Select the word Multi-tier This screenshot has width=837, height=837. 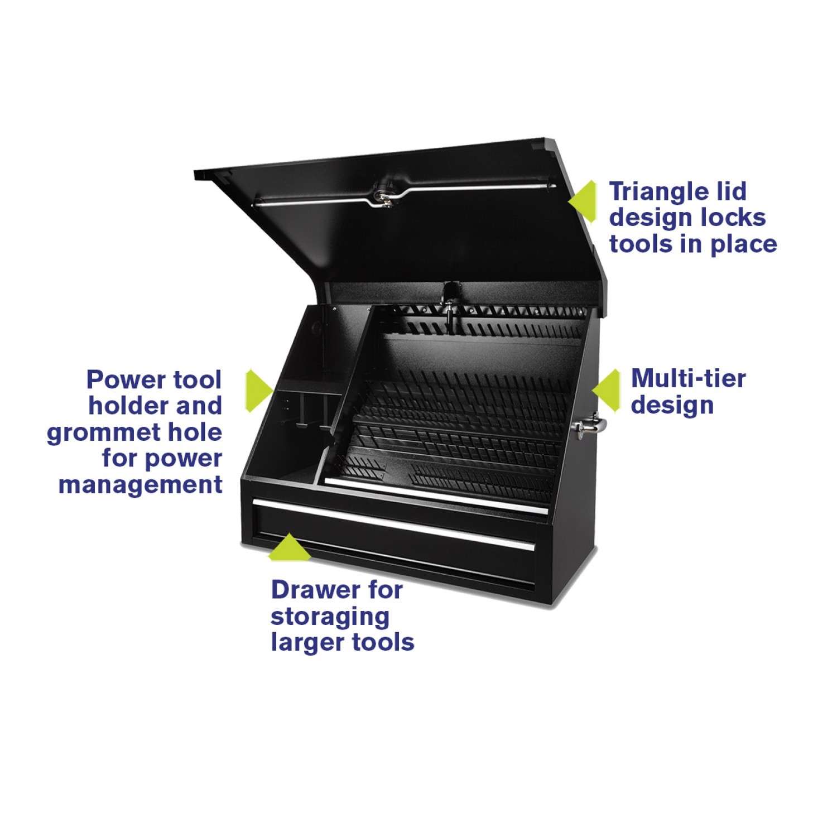point(688,379)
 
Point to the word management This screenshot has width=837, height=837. point(141,484)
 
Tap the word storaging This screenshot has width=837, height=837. point(330,616)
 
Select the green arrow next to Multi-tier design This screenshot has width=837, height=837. point(608,391)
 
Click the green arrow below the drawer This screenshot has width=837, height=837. point(289,547)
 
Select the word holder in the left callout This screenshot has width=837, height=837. point(126,406)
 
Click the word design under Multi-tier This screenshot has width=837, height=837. point(672,405)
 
